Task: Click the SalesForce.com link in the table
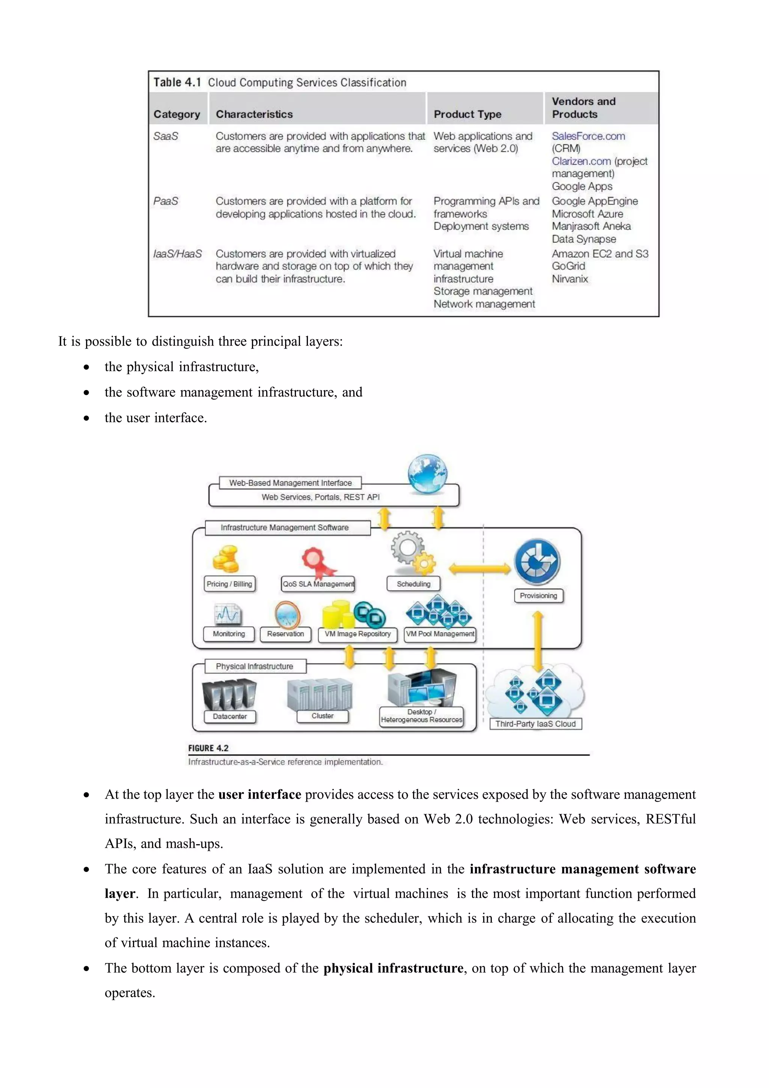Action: [588, 136]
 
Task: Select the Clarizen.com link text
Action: [581, 162]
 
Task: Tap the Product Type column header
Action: [467, 114]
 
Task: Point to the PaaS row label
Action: [166, 201]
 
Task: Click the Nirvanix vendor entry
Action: [570, 279]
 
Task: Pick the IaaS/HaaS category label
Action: [178, 254]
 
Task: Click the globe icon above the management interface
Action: [427, 474]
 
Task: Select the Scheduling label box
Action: [413, 584]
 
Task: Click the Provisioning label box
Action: [538, 595]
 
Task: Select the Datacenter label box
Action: [230, 716]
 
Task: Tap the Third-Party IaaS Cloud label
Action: [535, 724]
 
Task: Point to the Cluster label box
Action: [323, 716]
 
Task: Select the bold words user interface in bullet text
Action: [259, 795]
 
